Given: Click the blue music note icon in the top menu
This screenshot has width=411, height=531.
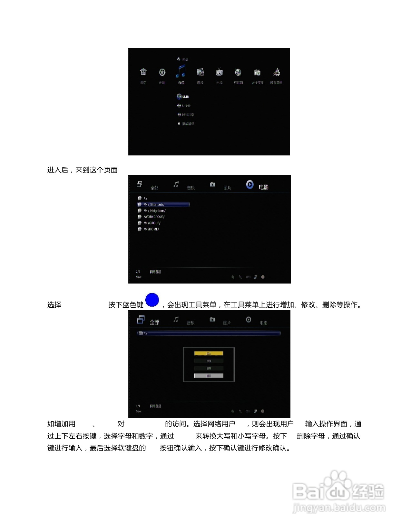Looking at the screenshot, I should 181,71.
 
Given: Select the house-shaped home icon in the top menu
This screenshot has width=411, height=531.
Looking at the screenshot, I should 143,72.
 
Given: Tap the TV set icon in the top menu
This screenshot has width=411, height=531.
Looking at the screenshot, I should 219,72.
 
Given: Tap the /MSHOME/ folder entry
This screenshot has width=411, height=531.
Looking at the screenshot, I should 151,229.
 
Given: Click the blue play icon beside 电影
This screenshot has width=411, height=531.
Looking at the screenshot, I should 250,184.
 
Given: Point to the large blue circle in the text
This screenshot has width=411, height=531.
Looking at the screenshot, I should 152,300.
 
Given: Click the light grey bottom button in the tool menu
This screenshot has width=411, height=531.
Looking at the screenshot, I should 209,376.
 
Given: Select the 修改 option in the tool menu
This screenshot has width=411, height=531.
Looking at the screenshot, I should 209,361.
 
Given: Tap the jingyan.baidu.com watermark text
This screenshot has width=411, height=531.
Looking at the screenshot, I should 339,508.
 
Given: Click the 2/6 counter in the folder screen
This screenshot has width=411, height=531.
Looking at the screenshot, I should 138,272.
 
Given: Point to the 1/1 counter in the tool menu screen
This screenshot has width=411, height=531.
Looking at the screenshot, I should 138,406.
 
